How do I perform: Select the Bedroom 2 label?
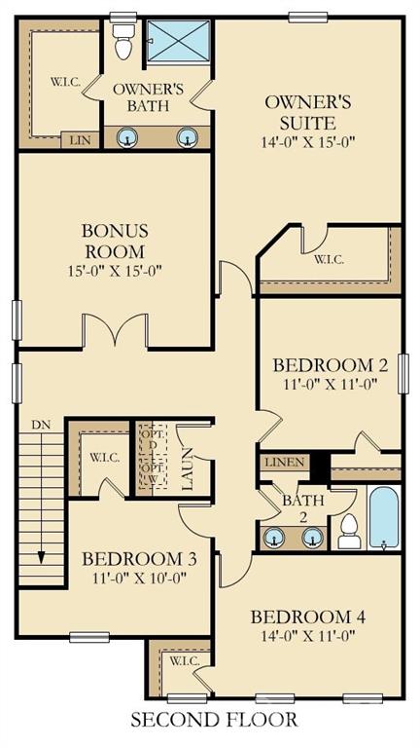(331, 365)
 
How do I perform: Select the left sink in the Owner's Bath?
(126, 137)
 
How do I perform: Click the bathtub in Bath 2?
(384, 516)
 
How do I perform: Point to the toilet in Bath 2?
(349, 530)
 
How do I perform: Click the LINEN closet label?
(284, 462)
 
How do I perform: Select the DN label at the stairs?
(41, 425)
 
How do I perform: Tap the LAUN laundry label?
(188, 468)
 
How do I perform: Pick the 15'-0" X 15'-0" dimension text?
(115, 270)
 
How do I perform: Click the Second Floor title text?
(214, 722)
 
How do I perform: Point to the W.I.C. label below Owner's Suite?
(329, 260)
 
